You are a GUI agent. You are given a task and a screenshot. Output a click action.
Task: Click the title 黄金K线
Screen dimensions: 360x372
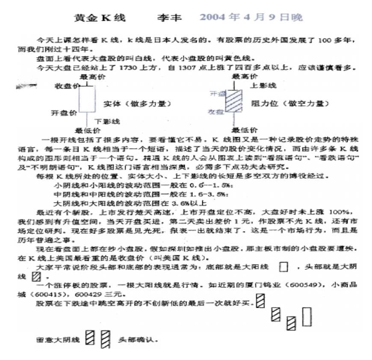pyautogui.click(x=94, y=18)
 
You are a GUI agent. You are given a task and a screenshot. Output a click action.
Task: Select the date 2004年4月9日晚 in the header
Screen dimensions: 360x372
pyautogui.click(x=251, y=18)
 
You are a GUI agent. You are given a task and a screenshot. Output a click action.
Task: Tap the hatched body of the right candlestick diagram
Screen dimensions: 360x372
pyautogui.click(x=234, y=101)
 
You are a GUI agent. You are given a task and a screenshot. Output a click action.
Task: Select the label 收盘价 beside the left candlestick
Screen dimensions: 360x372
pyautogui.click(x=67, y=86)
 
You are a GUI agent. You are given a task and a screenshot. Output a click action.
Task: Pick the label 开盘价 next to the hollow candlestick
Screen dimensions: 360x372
pyautogui.click(x=64, y=113)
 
